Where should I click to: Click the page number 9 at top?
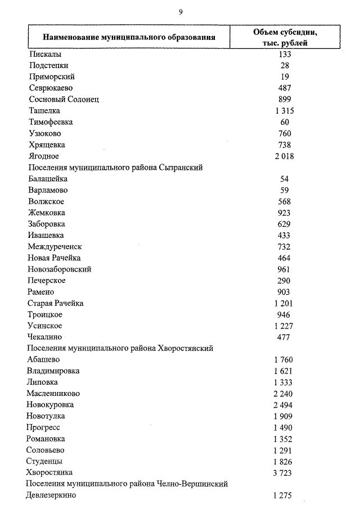click(181, 11)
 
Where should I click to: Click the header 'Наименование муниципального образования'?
click(127, 38)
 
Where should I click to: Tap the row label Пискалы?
click(44, 54)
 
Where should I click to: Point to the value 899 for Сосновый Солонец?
click(285, 100)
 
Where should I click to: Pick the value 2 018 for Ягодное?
click(285, 156)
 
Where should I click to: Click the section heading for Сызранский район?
click(115, 168)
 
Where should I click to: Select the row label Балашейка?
click(47, 179)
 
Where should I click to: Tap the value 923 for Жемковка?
click(285, 213)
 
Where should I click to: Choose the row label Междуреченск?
click(55, 246)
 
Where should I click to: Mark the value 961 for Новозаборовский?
click(285, 269)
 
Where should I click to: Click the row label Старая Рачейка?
click(55, 303)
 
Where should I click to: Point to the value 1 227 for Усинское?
click(285, 326)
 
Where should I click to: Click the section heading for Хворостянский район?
click(120, 348)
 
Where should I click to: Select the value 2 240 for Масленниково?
click(284, 394)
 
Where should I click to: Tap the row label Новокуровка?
click(50, 404)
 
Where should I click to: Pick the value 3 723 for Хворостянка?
click(284, 472)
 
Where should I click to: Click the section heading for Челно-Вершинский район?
click(127, 484)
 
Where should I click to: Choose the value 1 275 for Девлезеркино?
click(284, 496)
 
